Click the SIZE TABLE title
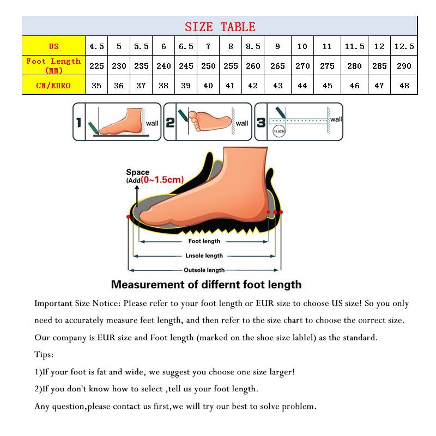(220, 27)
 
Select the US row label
(53, 46)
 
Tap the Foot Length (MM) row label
(53, 65)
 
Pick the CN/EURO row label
(53, 85)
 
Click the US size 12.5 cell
(404, 46)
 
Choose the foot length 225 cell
(96, 66)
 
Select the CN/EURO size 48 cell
(404, 86)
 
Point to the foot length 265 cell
(277, 66)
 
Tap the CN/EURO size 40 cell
(208, 86)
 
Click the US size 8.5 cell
(253, 46)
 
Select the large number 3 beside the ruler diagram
(261, 123)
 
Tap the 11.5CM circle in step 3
(278, 132)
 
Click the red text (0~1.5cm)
(162, 179)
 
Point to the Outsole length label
(204, 270)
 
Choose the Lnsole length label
(204, 256)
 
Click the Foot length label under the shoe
(204, 241)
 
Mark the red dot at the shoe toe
(129, 217)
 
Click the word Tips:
(44, 355)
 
